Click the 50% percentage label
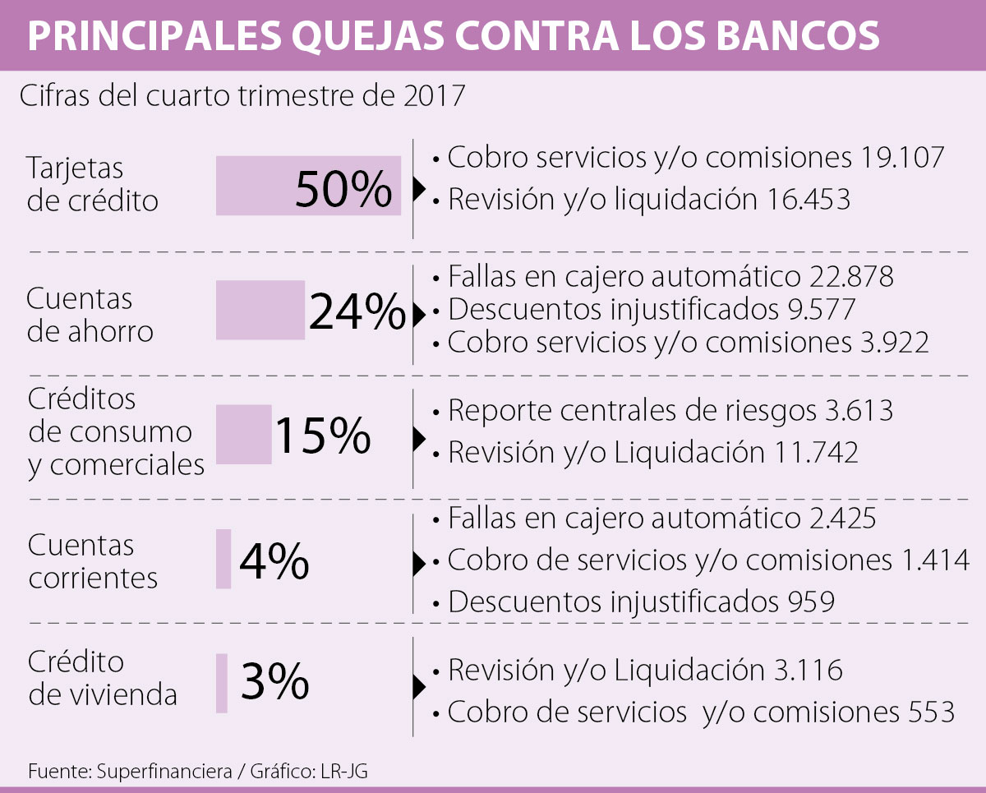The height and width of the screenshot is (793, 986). point(343,190)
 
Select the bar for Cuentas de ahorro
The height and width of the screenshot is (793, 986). point(260,310)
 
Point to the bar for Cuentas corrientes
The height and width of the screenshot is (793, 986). point(223,559)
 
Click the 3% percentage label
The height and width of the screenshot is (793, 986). point(274,682)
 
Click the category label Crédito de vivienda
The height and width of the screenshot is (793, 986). point(102,678)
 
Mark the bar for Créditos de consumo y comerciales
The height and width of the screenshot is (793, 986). point(243,434)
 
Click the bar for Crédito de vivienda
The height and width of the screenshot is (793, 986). point(222,683)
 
